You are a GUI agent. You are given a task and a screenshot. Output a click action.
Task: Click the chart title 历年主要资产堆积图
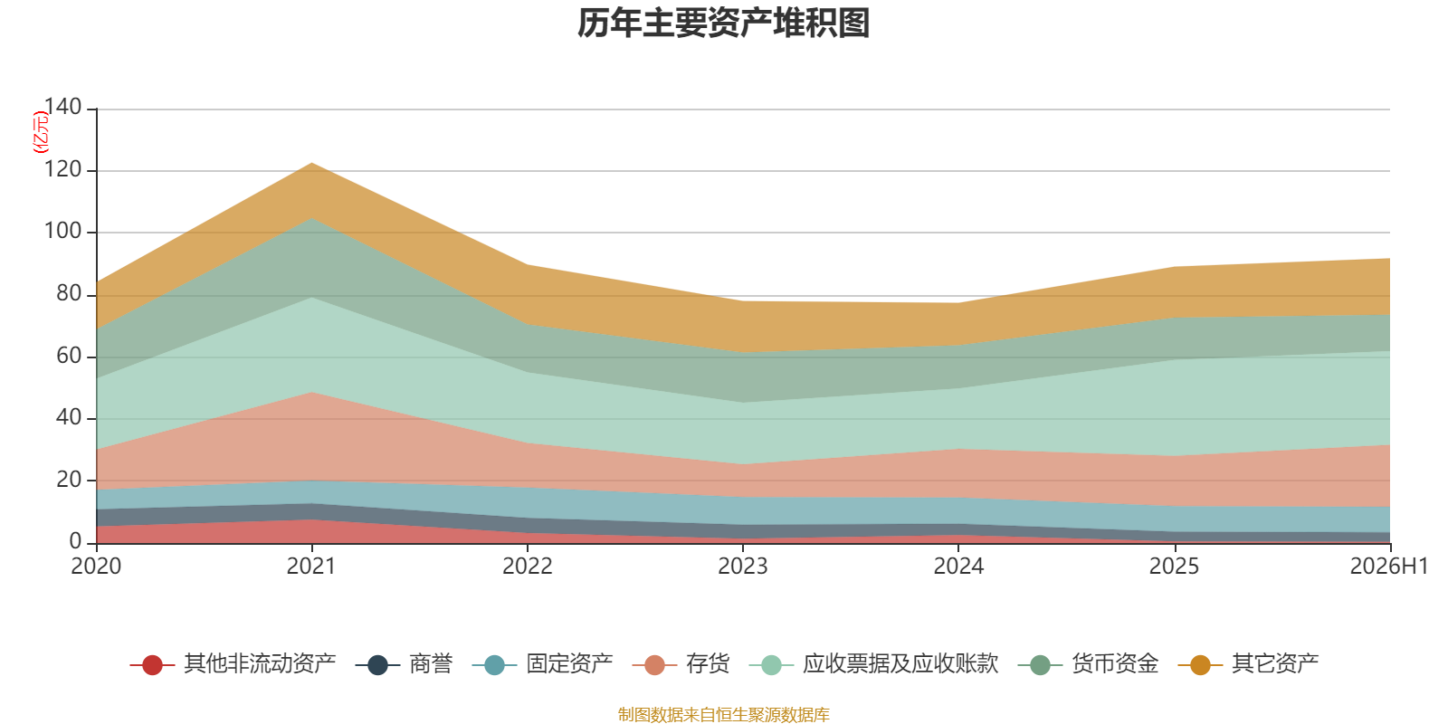723,24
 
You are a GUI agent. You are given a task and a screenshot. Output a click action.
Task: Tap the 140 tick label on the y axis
62,107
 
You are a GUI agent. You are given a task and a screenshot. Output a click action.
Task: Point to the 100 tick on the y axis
62,231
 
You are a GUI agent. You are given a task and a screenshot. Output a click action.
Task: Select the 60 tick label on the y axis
69,356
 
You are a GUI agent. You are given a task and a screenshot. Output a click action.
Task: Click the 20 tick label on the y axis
69,480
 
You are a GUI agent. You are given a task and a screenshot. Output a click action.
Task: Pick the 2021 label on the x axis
311,567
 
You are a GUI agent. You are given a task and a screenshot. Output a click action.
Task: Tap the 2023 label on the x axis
743,567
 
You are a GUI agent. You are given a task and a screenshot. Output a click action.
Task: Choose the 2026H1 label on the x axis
1388,567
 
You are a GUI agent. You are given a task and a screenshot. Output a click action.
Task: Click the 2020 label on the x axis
96,567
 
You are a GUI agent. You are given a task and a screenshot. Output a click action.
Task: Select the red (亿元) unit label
41,132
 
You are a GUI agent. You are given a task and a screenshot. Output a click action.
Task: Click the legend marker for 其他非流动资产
153,664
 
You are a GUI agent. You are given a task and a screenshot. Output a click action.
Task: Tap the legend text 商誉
431,664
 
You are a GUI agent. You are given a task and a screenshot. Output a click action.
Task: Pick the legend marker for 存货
655,664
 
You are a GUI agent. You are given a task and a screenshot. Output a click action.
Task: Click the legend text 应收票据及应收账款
900,664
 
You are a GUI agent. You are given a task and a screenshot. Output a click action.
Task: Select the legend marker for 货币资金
1040,664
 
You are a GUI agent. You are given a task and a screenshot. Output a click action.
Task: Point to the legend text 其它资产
1275,664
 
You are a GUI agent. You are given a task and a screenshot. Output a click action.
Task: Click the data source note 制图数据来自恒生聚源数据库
723,714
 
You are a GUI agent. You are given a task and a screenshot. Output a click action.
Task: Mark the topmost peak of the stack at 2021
311,163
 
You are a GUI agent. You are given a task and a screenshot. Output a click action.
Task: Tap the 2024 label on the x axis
958,567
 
